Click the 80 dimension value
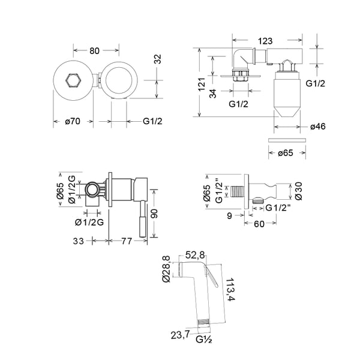tap(94, 50)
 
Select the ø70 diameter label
tap(73, 122)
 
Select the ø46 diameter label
tap(318, 127)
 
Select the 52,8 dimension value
tap(196, 254)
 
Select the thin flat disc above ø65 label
tap(286, 139)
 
